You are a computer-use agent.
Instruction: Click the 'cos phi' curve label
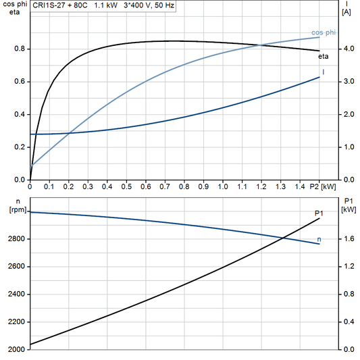323,32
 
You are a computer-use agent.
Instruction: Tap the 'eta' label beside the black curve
324,57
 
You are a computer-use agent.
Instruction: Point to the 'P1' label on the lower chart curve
319,213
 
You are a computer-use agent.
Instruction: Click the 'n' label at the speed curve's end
319,239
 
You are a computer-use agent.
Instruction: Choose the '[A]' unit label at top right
346,12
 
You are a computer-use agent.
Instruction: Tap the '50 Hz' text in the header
162,5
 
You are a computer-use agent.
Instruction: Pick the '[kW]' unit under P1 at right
349,210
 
